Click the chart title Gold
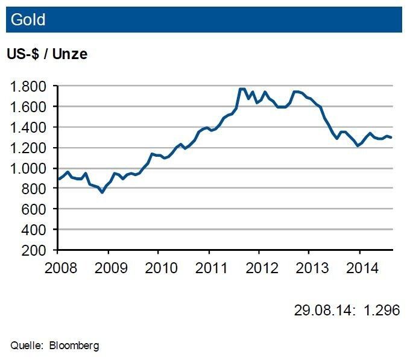[28, 21]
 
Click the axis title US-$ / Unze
[47, 54]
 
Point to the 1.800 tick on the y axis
[30, 86]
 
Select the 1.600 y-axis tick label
[30, 107]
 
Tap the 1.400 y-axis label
[30, 127]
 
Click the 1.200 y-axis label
[30, 148]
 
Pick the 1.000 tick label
[30, 168]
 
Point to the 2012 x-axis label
[259, 267]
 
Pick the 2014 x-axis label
[359, 267]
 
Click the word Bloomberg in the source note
[75, 346]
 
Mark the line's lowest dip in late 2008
[102, 192]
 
